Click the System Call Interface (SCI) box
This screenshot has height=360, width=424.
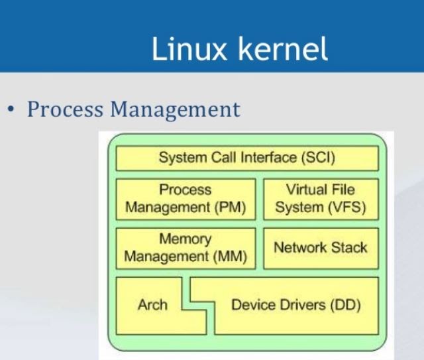pos(247,158)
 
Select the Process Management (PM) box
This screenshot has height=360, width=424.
pos(185,199)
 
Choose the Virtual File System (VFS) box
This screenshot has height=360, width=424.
pos(321,199)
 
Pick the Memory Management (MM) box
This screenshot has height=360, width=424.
pos(185,248)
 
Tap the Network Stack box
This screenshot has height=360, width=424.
pos(321,248)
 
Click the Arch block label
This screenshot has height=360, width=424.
pos(152,306)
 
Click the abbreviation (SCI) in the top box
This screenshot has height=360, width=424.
pos(317,158)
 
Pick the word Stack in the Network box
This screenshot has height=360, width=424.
pos(348,248)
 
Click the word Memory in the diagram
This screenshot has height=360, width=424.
pos(185,239)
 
